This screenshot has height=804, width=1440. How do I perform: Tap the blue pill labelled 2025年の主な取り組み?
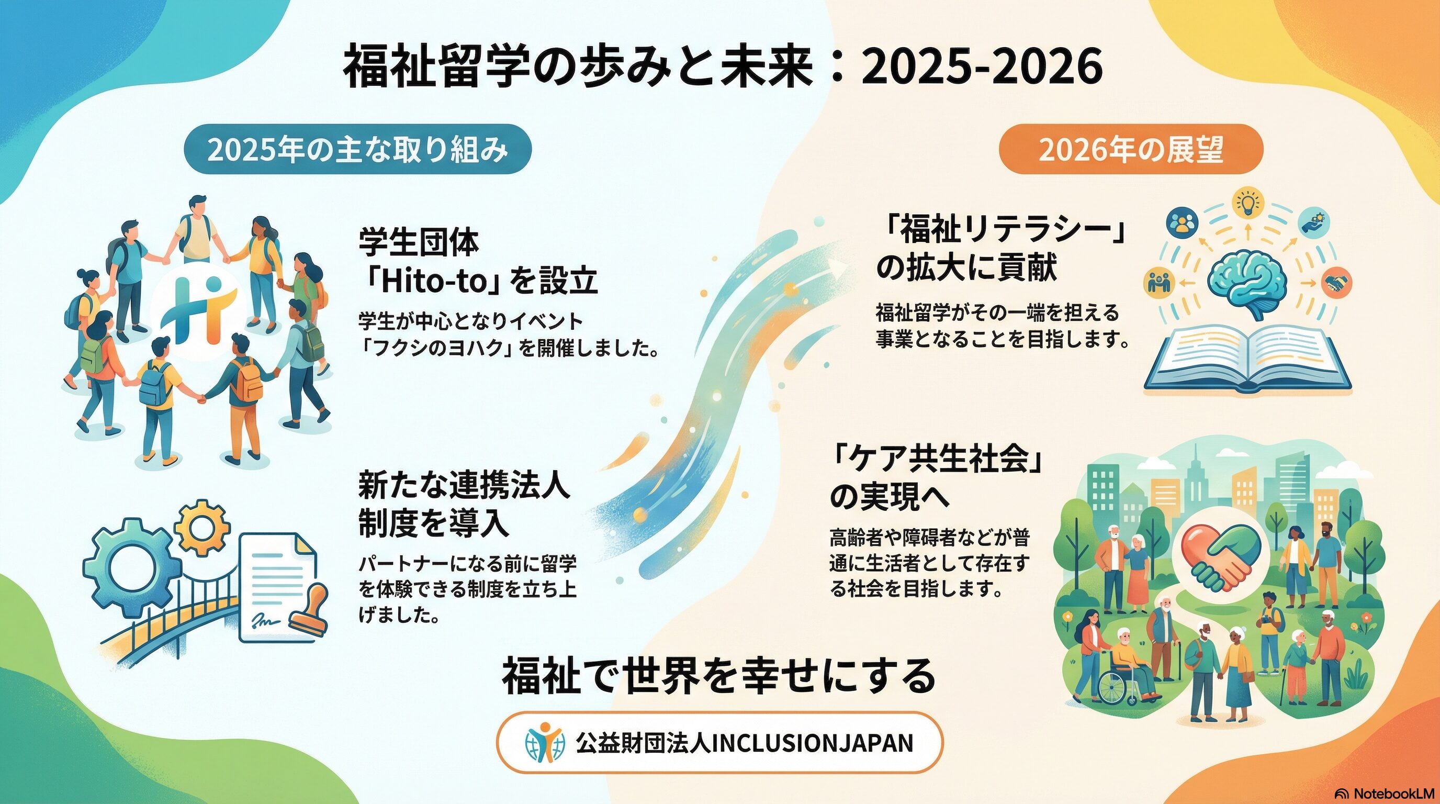click(358, 149)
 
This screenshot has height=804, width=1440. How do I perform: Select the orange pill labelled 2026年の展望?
click(1131, 149)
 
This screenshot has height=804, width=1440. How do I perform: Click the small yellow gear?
click(201, 526)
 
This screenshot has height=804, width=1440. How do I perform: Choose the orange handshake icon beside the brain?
click(1336, 283)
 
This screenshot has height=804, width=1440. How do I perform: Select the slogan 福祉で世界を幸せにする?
click(719, 676)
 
